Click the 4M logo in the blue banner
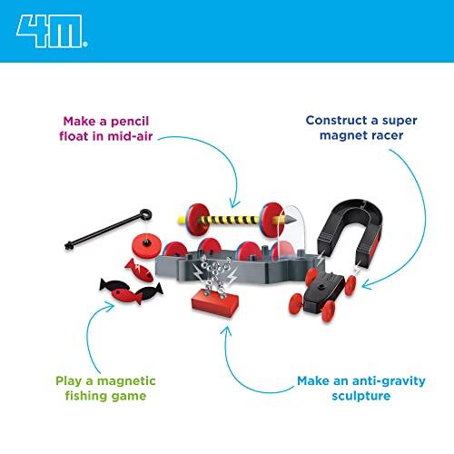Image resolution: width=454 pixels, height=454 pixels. point(52,31)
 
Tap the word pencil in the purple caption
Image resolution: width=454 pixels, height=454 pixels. point(130,122)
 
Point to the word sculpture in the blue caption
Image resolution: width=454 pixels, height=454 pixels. point(361,396)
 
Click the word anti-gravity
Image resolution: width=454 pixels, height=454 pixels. point(389,381)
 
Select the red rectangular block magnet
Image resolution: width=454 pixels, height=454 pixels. point(215,302)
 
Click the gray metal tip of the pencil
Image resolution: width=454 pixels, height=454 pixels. point(290,220)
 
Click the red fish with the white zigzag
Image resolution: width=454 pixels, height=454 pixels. point(140,270)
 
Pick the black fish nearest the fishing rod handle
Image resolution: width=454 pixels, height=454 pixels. point(114,285)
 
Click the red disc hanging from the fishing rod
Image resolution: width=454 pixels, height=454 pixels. point(146,245)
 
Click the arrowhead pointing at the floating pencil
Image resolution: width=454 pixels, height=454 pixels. point(233,203)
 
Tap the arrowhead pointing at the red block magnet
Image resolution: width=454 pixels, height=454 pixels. point(225,331)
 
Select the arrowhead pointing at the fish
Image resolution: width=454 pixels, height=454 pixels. point(109,306)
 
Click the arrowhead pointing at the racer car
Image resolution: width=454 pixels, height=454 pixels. point(367,284)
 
